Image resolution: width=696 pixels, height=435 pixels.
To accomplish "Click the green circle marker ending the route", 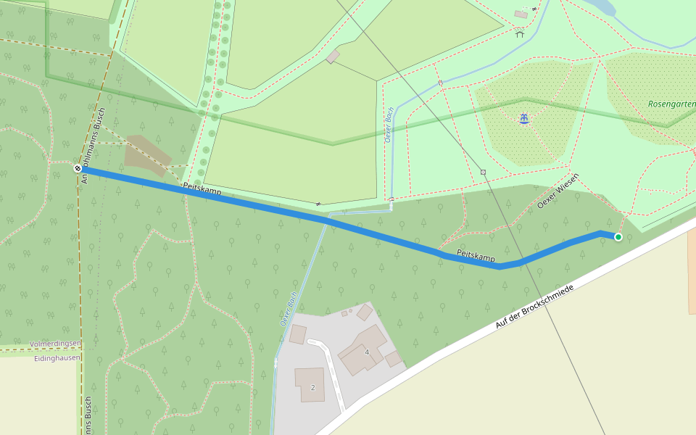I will [x=618, y=237].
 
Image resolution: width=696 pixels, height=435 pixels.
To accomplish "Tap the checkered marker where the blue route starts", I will [x=78, y=168].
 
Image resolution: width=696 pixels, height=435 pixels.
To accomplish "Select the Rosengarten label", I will [x=672, y=104].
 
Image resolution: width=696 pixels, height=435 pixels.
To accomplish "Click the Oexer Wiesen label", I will [x=558, y=191].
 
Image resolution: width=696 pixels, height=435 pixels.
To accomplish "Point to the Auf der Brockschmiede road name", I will [x=534, y=308].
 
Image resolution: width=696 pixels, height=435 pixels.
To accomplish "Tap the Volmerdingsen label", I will [x=55, y=344].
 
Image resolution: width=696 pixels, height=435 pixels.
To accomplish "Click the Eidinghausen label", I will [x=57, y=358].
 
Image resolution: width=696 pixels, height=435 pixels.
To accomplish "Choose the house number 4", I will [x=368, y=352].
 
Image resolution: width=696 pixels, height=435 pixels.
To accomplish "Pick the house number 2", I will [x=313, y=387].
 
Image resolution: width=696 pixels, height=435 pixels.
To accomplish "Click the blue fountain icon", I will [x=523, y=118].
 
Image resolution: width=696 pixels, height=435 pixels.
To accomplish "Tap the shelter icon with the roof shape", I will [x=520, y=33].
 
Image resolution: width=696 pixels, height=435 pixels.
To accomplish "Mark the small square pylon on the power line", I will [x=483, y=172].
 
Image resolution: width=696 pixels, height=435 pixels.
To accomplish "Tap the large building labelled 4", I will [x=360, y=348].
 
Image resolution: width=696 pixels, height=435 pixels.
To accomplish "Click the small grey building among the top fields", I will [x=333, y=57].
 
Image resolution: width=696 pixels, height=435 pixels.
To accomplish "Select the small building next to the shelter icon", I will [x=521, y=14].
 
